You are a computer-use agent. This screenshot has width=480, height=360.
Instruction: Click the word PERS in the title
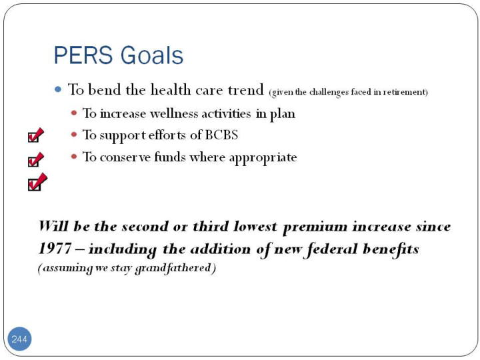point(83,55)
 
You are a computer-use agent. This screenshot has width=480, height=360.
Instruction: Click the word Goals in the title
point(152,55)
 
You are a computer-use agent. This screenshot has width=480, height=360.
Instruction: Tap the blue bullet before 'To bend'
point(58,90)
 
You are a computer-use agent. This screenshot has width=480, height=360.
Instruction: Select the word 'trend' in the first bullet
point(246,90)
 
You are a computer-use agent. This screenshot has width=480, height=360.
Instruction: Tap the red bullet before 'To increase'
point(74,113)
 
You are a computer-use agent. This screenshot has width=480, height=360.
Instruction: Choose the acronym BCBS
point(221,135)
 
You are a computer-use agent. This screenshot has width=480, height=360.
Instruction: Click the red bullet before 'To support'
point(74,135)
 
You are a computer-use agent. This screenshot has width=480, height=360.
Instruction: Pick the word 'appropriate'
point(263,157)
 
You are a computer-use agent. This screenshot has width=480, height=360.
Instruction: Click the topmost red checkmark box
point(36,135)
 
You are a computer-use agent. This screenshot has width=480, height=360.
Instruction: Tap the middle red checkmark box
point(36,159)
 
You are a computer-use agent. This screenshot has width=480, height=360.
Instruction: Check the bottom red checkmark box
point(37,182)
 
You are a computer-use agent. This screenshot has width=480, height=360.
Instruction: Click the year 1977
point(55,249)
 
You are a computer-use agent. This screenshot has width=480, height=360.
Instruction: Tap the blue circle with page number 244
point(19,339)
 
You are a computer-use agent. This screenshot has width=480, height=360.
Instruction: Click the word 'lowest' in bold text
point(255,227)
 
